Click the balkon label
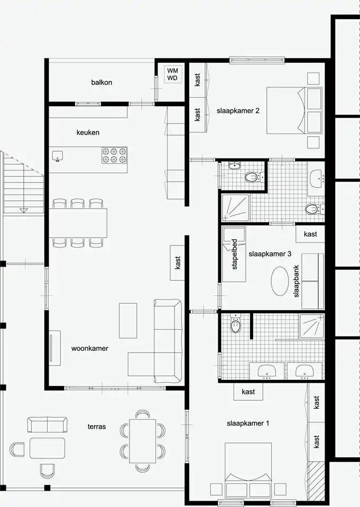tap(101, 82)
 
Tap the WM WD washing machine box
tap(172, 74)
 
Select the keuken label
tap(88, 132)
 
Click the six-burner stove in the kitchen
tap(114, 155)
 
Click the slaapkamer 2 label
tap(238, 110)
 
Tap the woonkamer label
tap(90, 348)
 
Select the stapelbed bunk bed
tap(234, 254)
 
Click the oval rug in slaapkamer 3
tap(280, 281)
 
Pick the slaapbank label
tap(296, 281)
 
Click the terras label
tap(96, 427)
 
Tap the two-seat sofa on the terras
tap(47, 425)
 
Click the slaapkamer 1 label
tap(248, 423)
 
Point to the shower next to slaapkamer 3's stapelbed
tap(235, 208)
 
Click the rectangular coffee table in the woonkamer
tap(128, 321)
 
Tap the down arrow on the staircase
tap(24, 211)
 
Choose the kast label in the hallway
tap(178, 262)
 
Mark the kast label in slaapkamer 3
tap(310, 234)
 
